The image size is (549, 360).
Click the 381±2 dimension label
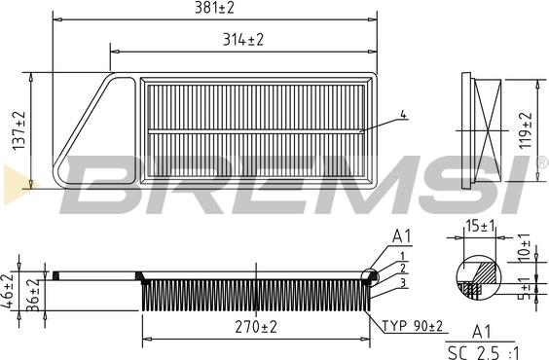(x=214, y=8)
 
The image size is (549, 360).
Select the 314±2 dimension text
(x=243, y=40)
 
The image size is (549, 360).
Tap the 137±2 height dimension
(x=19, y=130)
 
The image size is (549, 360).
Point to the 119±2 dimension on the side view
(x=526, y=130)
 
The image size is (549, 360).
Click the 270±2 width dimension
(x=256, y=327)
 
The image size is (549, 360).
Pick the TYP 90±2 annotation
(x=412, y=326)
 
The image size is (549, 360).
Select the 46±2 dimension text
(x=8, y=292)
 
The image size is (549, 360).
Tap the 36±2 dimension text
(x=33, y=296)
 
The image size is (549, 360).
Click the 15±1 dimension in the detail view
(x=480, y=226)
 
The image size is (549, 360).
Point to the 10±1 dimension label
(x=524, y=247)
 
